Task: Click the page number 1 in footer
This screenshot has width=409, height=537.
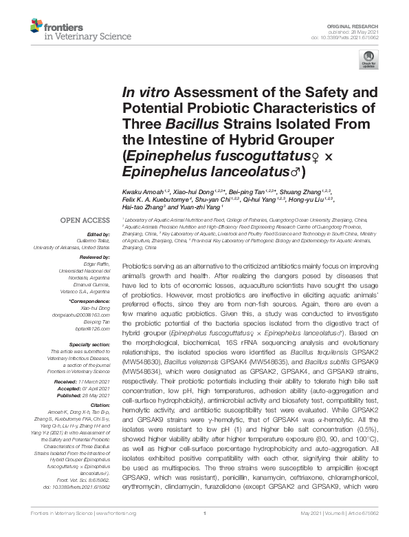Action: (204, 532)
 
